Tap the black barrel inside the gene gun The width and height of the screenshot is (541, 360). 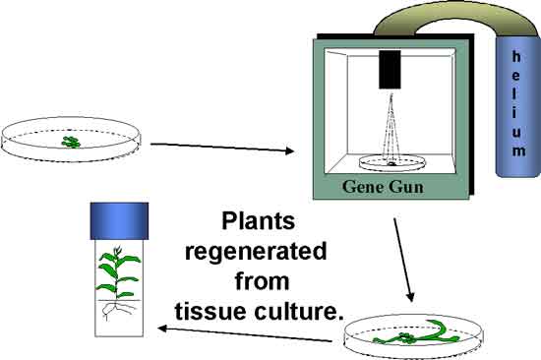[x=390, y=70]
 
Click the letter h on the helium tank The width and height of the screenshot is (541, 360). [x=516, y=57]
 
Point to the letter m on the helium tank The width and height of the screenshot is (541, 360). [x=518, y=150]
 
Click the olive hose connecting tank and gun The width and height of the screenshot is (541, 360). [x=455, y=19]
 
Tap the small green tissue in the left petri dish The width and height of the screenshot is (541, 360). [x=71, y=142]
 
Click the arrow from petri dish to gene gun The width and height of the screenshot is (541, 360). [x=222, y=148]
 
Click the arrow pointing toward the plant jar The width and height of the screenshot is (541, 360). [x=244, y=334]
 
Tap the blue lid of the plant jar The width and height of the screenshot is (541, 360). [x=119, y=221]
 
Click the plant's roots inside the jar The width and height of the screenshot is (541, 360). [x=117, y=310]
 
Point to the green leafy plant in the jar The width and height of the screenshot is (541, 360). [x=118, y=273]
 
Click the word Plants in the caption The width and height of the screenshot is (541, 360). [x=258, y=221]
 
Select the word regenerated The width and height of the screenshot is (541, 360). [x=256, y=251]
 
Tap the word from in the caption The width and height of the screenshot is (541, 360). [x=263, y=280]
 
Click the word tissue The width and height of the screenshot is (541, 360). [x=211, y=311]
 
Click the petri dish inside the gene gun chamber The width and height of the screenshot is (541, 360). [x=391, y=162]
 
